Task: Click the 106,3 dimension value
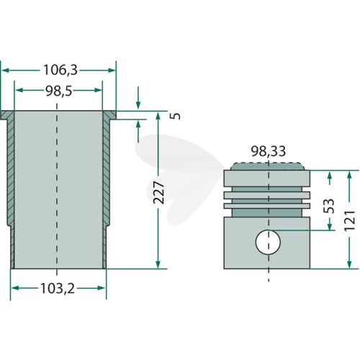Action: (x=60, y=71)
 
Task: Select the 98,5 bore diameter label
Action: (x=59, y=91)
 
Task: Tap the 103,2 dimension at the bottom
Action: (x=58, y=288)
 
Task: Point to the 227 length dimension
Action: (x=158, y=193)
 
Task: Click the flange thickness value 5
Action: (x=176, y=116)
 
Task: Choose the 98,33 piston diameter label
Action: (x=269, y=151)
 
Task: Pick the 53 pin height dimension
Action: (x=329, y=206)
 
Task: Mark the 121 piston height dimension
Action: (x=349, y=220)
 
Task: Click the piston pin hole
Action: (x=268, y=242)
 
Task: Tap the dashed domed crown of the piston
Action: (x=268, y=166)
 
